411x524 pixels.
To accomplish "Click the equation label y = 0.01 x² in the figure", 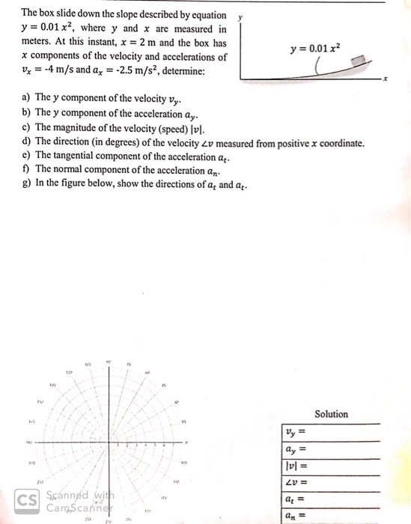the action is click(315, 49).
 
